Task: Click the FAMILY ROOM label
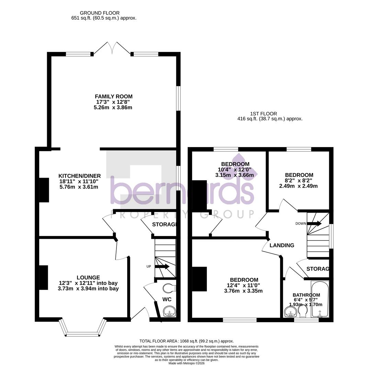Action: click(x=113, y=97)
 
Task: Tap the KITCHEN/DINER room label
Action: click(x=79, y=176)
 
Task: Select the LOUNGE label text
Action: click(x=88, y=278)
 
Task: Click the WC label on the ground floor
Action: click(x=167, y=300)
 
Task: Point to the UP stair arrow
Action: click(x=162, y=266)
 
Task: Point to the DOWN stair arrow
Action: click(x=314, y=224)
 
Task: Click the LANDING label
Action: click(x=282, y=245)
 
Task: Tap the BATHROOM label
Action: click(x=306, y=295)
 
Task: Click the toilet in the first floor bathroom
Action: click(x=303, y=311)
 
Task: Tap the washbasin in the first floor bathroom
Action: click(x=291, y=312)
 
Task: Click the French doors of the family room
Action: click(x=112, y=48)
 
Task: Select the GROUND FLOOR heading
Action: click(x=100, y=13)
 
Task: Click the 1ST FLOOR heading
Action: click(x=264, y=114)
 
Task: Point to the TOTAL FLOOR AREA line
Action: click(x=187, y=341)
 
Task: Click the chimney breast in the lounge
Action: click(x=44, y=278)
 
